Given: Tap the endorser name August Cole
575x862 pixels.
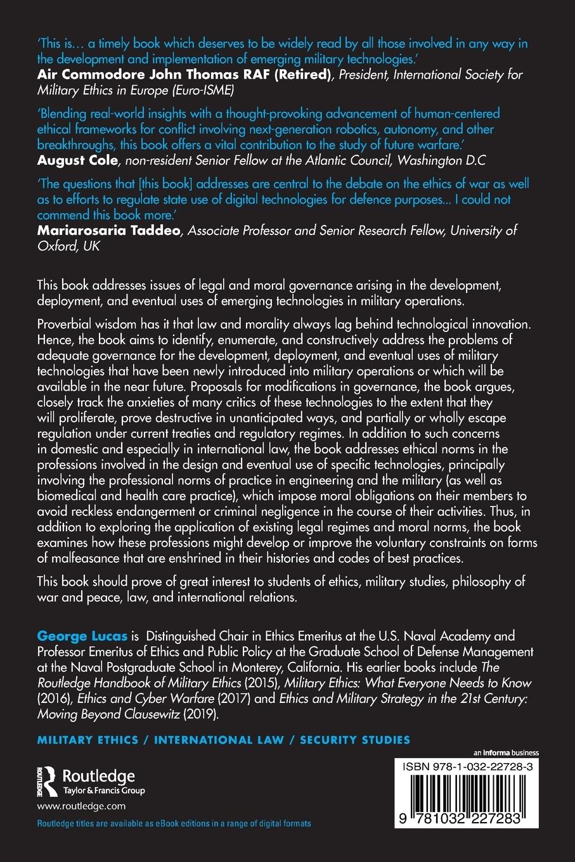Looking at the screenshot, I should click(x=77, y=160).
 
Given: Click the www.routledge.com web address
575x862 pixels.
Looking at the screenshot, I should click(x=81, y=806).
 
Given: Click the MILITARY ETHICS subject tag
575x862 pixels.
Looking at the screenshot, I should click(x=87, y=740).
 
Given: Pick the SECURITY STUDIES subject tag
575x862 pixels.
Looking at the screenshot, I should click(x=355, y=740).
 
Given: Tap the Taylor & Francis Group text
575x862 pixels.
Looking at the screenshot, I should click(x=103, y=790).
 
